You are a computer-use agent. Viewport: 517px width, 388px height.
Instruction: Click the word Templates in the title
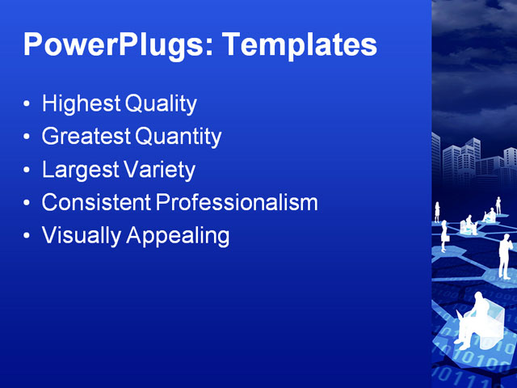tap(299, 44)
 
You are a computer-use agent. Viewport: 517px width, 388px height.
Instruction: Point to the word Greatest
tap(86, 137)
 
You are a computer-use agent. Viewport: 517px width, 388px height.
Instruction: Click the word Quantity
tap(178, 137)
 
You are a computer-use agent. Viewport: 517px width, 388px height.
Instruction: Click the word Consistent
tap(96, 203)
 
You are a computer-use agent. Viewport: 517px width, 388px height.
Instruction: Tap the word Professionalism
tap(237, 203)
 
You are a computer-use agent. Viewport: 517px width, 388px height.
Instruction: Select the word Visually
tap(79, 236)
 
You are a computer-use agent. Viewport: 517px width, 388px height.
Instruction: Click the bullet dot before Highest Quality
tap(27, 105)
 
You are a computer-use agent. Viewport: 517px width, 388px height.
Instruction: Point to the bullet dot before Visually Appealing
tap(27, 237)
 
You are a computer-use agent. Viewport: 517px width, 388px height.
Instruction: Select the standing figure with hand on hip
tap(504, 256)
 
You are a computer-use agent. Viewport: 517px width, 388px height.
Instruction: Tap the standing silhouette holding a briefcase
tap(443, 235)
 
